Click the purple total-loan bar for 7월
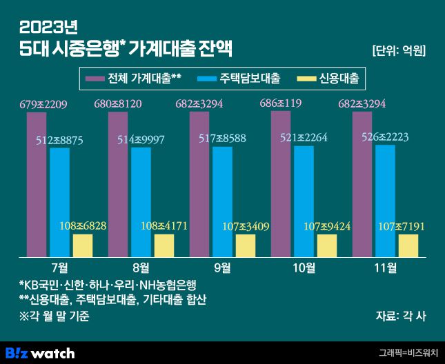[37, 186]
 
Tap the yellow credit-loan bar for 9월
[245, 245]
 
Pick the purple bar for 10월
[281, 186]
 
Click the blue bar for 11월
[385, 203]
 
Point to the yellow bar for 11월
[408, 245]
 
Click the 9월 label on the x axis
[223, 267]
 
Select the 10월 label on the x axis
[304, 267]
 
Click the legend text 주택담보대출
[250, 79]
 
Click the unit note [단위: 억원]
[399, 50]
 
